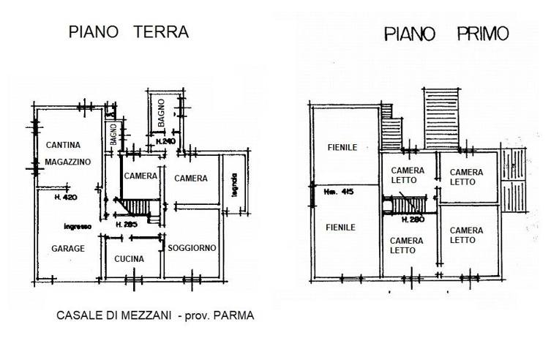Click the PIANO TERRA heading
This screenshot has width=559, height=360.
click(x=128, y=32)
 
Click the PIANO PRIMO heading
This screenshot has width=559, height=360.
click(x=446, y=34)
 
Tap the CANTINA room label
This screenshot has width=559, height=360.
click(x=63, y=145)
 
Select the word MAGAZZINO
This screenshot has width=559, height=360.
click(x=67, y=161)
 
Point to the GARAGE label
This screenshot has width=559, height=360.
click(x=68, y=249)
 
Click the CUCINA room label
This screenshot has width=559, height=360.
click(x=129, y=259)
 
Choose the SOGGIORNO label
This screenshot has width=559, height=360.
click(x=192, y=249)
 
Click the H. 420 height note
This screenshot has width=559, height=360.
click(x=67, y=198)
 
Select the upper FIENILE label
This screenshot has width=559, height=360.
click(x=342, y=148)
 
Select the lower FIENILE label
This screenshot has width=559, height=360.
click(x=341, y=228)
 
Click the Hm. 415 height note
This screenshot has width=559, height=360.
click(x=338, y=192)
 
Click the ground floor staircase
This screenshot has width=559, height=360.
click(x=136, y=208)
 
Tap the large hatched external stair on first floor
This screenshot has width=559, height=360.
click(x=443, y=116)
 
